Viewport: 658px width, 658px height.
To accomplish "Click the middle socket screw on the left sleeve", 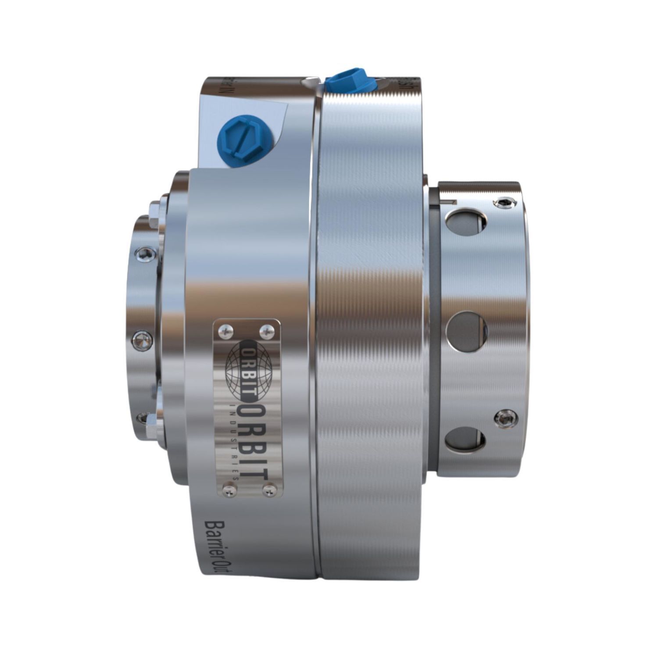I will click(x=141, y=338).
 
